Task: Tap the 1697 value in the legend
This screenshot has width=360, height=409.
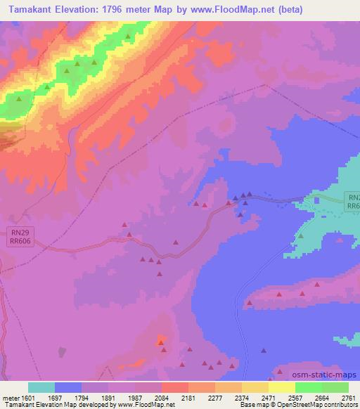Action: pos(68,398)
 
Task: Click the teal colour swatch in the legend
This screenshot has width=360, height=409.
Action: pos(41,387)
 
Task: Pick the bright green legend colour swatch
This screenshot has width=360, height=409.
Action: pos(309,387)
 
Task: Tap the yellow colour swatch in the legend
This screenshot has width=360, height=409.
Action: pos(282,387)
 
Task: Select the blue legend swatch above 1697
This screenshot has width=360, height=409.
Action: pos(68,387)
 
